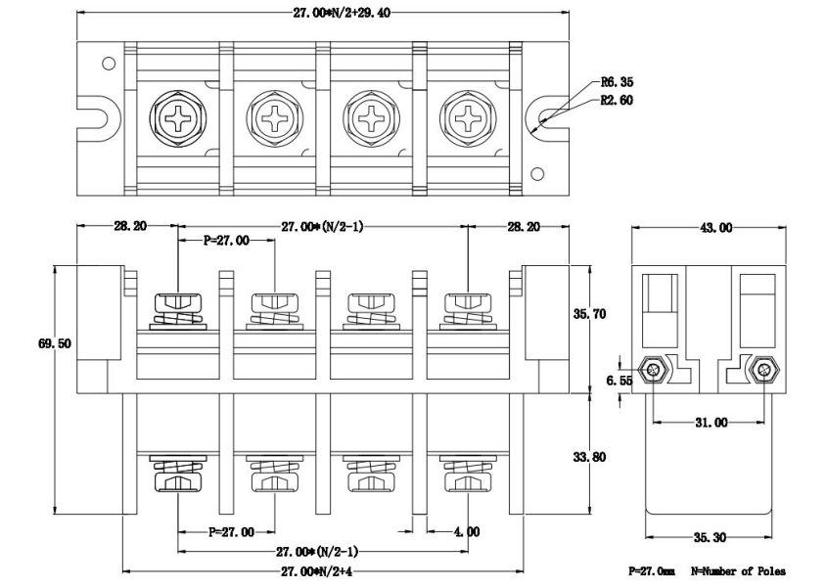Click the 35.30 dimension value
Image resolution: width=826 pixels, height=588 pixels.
coord(711,537)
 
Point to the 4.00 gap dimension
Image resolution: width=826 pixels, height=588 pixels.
coord(467,531)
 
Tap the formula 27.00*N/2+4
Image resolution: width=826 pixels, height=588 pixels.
coord(322,570)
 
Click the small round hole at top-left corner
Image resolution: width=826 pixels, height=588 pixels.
coord(109,64)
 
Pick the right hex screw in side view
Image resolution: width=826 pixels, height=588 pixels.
coord(764,371)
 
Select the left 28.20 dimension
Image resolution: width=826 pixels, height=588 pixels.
coord(129,226)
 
